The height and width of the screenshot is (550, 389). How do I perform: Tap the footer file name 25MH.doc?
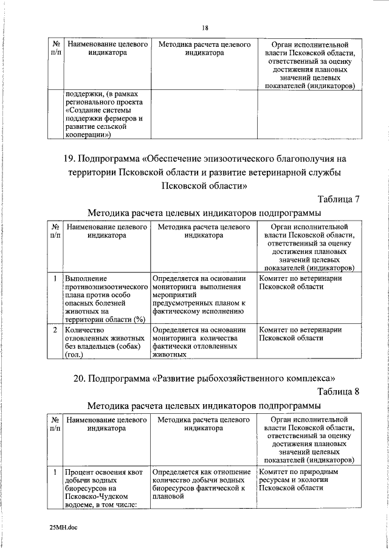[x=63, y=527]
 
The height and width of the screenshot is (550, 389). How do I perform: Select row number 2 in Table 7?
[x=55, y=330]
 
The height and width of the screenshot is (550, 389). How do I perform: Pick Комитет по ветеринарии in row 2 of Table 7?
[x=300, y=330]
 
